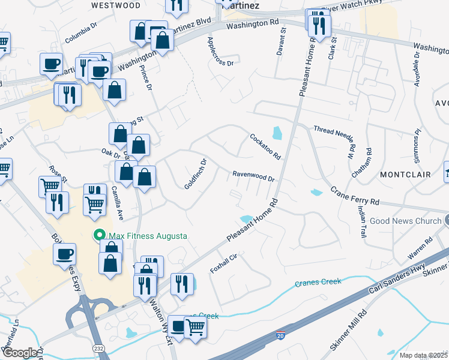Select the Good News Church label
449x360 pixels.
(405, 221)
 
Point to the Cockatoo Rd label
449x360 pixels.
(265, 146)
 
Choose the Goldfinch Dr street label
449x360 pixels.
(196, 174)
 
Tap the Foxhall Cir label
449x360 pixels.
(224, 264)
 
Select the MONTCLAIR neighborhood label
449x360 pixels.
(406, 175)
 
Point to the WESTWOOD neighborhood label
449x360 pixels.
(116, 5)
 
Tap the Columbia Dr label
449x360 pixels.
(82, 33)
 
